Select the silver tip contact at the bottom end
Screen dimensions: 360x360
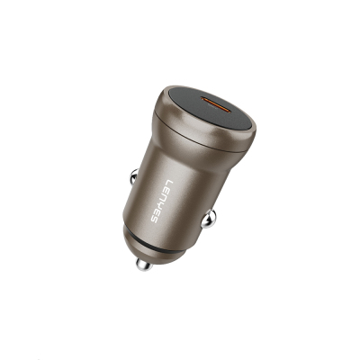(x=141, y=265)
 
